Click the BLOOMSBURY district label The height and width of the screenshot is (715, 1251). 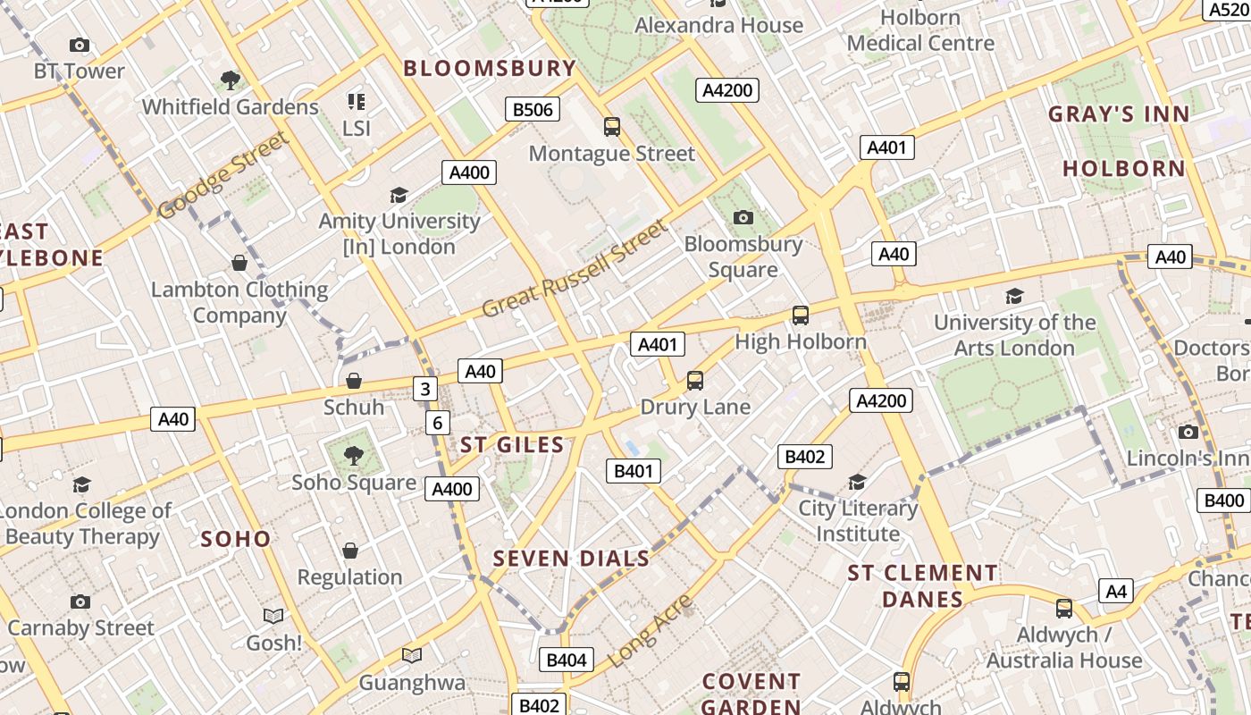click(490, 68)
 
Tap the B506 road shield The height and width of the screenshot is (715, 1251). click(533, 110)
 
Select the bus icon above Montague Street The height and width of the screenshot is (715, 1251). click(612, 127)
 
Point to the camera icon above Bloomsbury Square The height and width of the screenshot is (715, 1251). click(743, 217)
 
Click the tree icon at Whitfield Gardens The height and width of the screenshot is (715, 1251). click(231, 80)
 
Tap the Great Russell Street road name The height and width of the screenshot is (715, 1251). click(575, 268)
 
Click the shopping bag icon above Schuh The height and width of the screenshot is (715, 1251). click(354, 381)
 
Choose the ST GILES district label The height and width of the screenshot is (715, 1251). click(512, 445)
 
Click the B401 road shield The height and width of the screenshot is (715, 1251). click(633, 471)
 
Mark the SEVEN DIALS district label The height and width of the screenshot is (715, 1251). click(571, 559)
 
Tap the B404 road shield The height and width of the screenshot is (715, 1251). click(566, 660)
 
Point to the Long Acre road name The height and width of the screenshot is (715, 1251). click(650, 632)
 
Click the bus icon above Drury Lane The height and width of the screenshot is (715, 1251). click(695, 381)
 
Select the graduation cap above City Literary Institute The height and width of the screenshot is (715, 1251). click(857, 483)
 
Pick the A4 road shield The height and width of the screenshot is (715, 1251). click(1116, 591)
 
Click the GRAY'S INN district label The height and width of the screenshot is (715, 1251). click(1119, 114)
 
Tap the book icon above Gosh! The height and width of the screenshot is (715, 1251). click(273, 617)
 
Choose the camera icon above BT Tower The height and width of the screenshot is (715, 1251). click(80, 45)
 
